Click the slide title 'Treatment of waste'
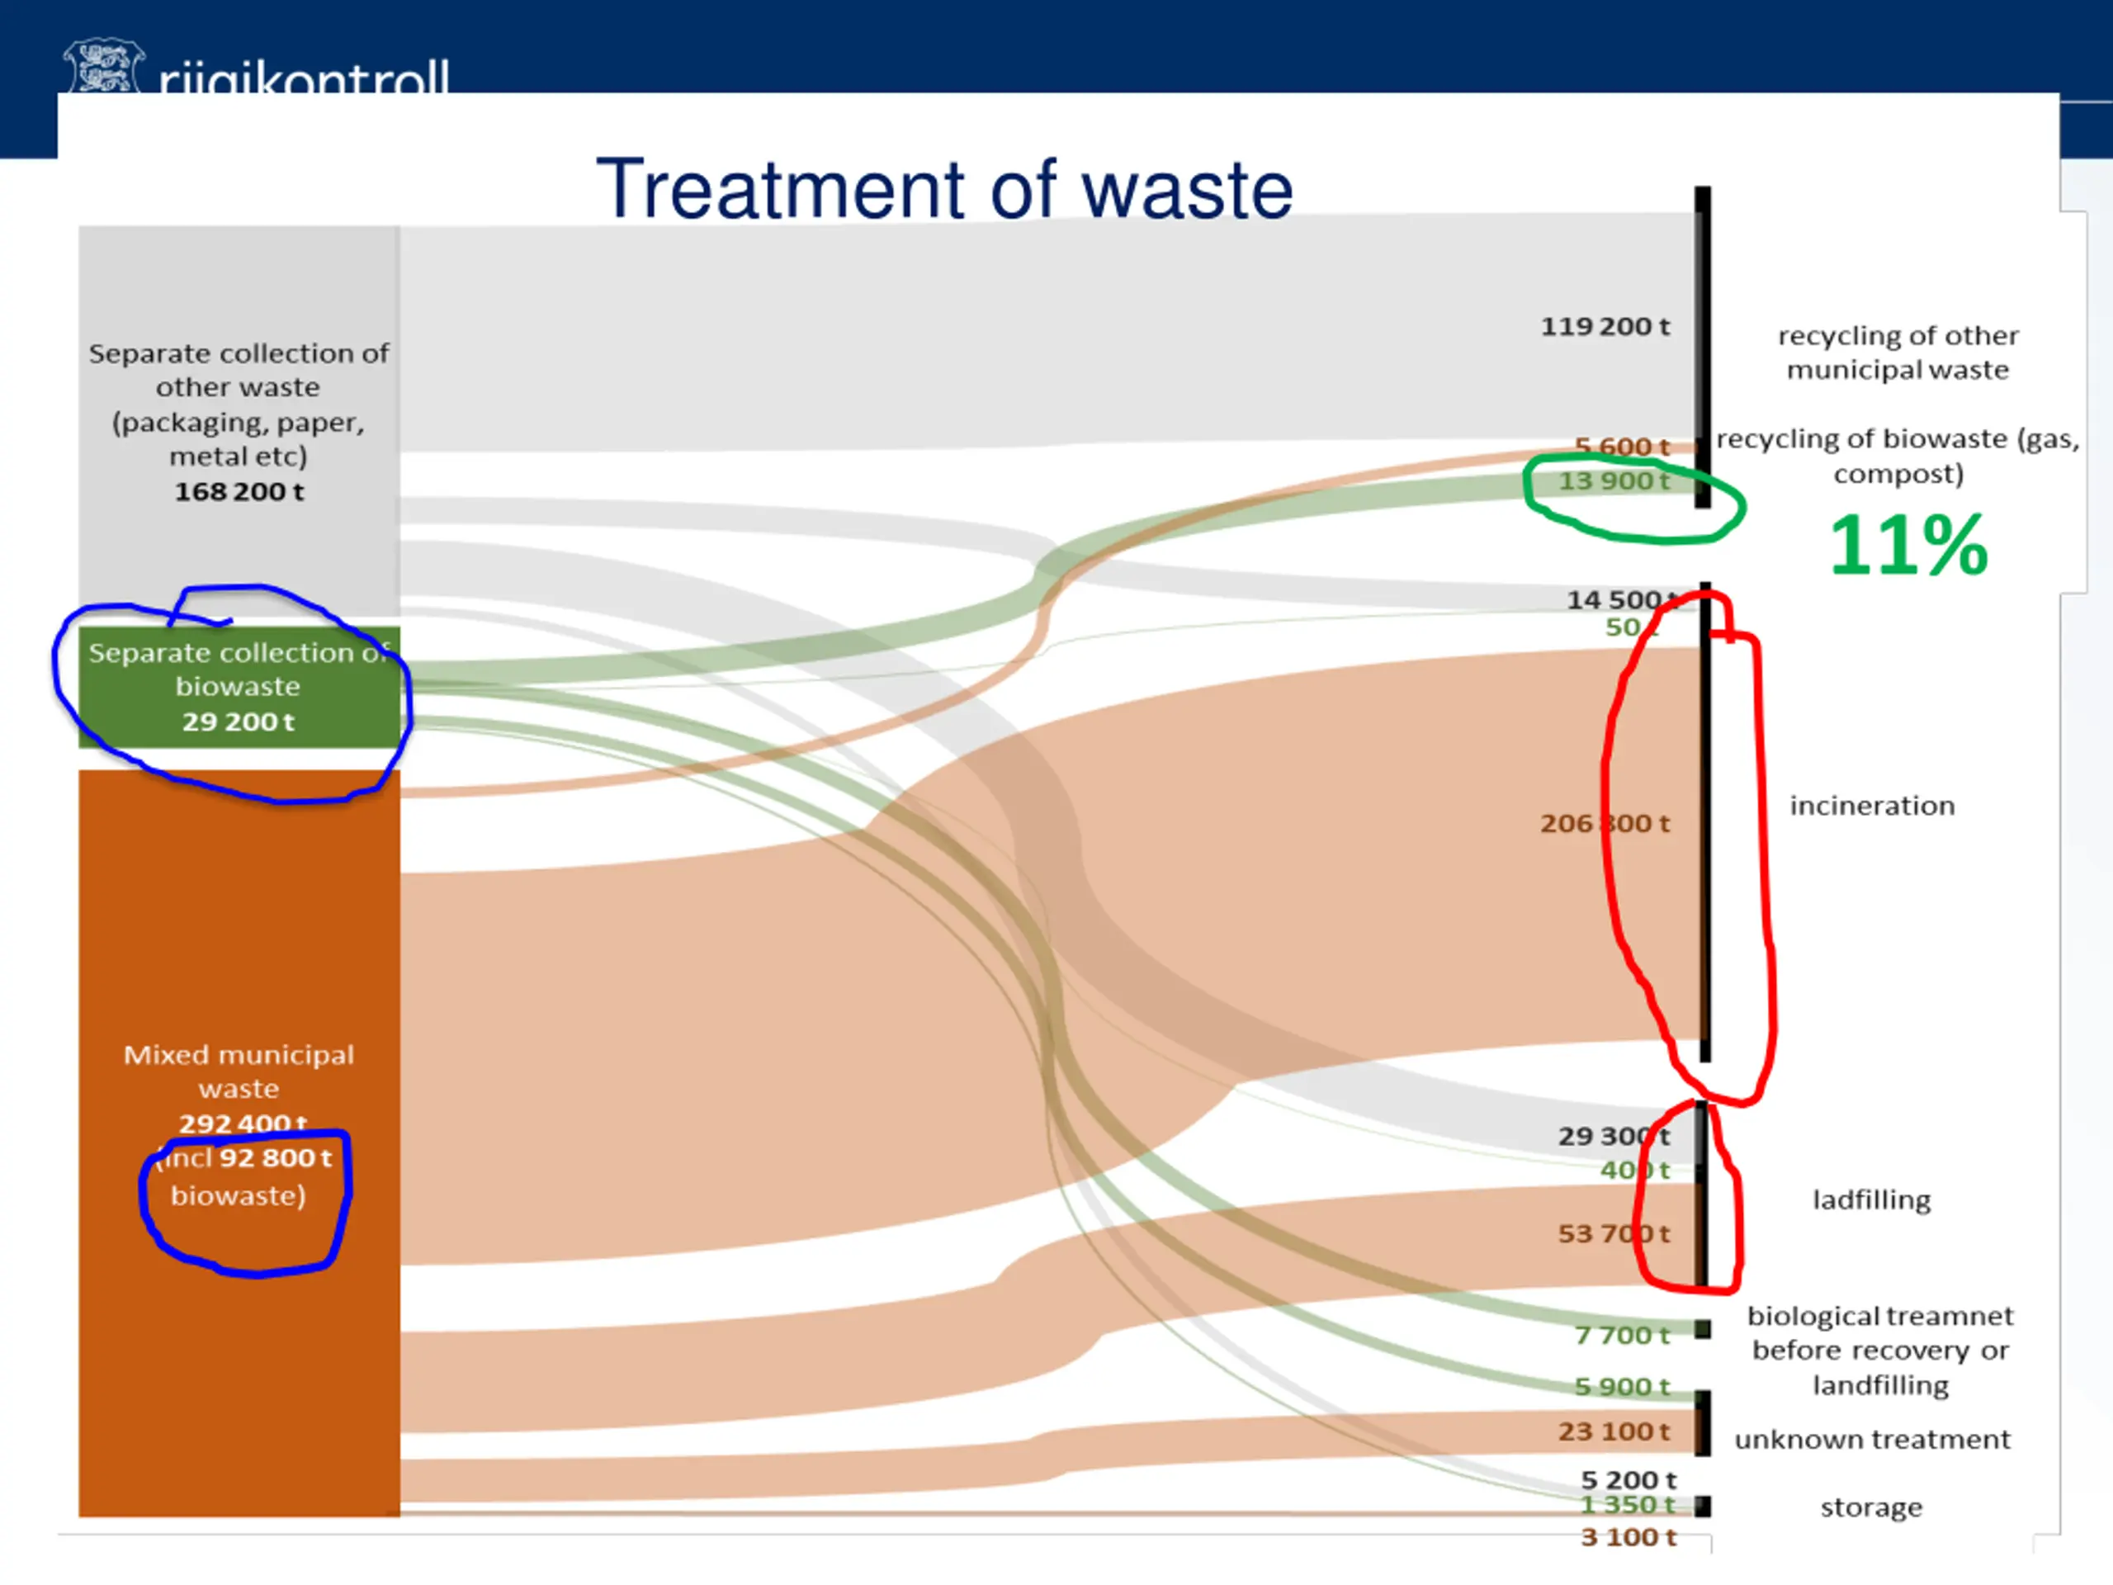tap(943, 189)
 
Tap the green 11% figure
tap(1907, 546)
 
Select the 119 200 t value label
tap(1605, 327)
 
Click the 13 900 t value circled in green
tap(1614, 480)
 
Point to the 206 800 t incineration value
tap(1605, 824)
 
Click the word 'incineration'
tap(1871, 807)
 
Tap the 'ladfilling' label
tap(1871, 1200)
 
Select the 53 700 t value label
tap(1614, 1234)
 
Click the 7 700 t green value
tap(1621, 1336)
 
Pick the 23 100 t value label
tap(1614, 1432)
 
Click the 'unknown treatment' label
tap(1871, 1440)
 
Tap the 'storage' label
tap(1870, 1507)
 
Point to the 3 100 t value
tap(1628, 1537)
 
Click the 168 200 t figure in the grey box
tap(239, 492)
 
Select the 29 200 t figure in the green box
tap(239, 722)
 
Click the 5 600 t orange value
tap(1621, 446)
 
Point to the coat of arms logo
tap(103, 67)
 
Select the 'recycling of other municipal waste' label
tap(1897, 352)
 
